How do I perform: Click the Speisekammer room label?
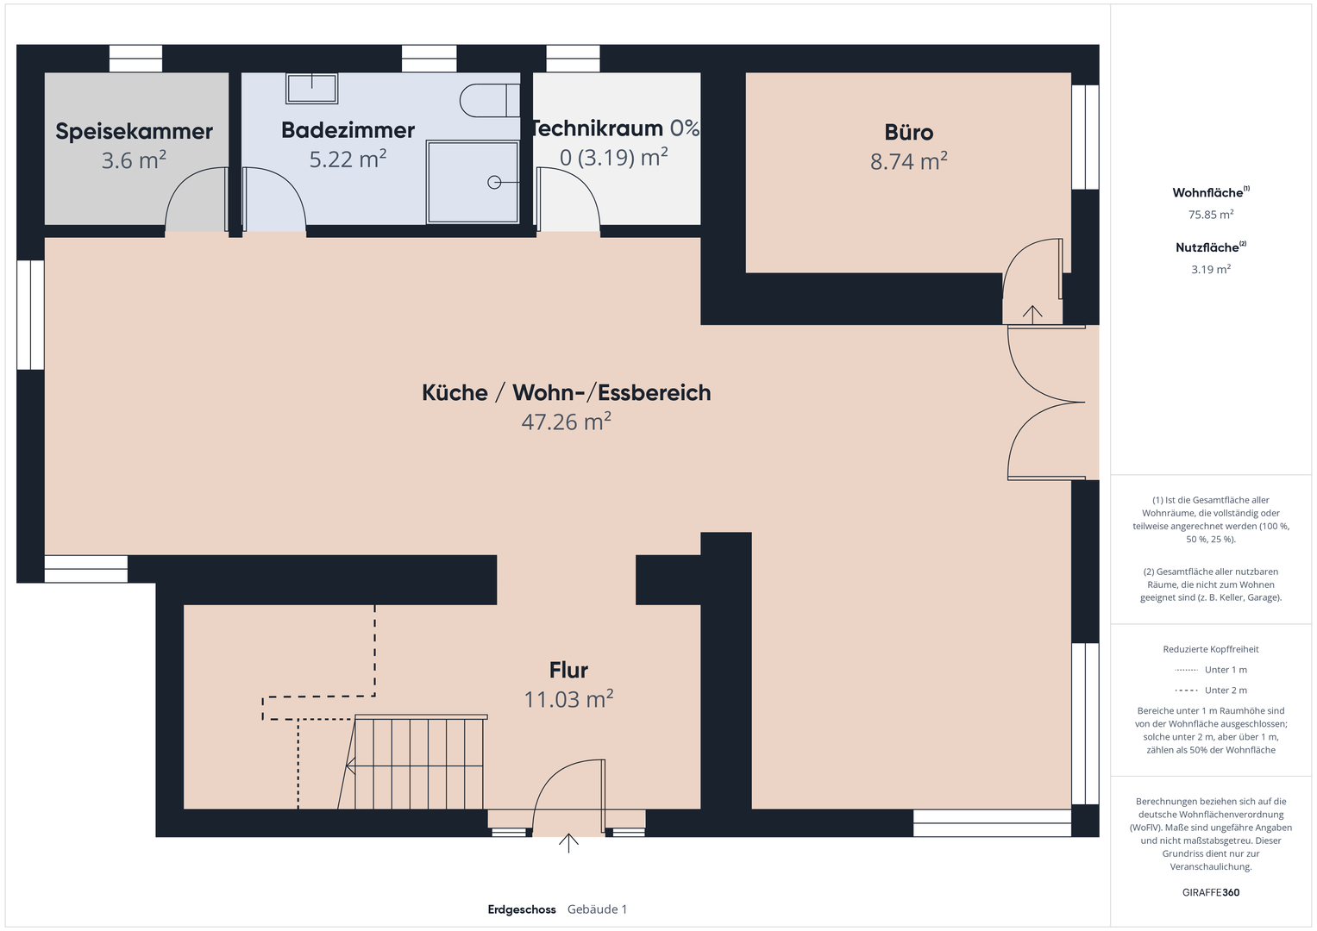(134, 132)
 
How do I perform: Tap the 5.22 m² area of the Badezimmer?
(348, 159)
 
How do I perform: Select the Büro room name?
(908, 132)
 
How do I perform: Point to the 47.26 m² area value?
(566, 421)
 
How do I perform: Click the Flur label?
(568, 670)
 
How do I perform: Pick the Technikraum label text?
(597, 128)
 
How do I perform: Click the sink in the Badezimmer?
(311, 88)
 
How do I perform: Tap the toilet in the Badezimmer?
(490, 101)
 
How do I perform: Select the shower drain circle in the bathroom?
(494, 183)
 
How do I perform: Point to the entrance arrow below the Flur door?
(568, 843)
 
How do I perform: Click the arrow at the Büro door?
(1032, 315)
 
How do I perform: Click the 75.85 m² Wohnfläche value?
(1211, 215)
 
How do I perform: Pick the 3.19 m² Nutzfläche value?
(1211, 269)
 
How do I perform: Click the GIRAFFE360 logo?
(1211, 892)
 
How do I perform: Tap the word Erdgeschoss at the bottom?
(522, 909)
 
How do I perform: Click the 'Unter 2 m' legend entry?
(1211, 690)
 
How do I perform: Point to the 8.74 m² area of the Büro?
(908, 161)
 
